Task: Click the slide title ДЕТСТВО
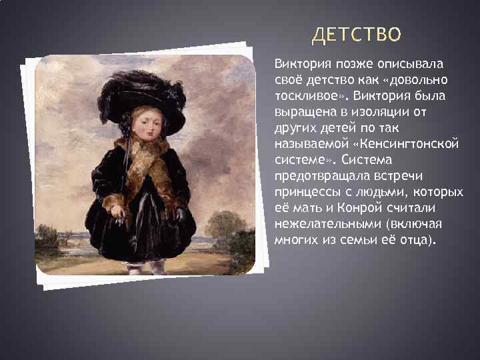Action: (x=357, y=34)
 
